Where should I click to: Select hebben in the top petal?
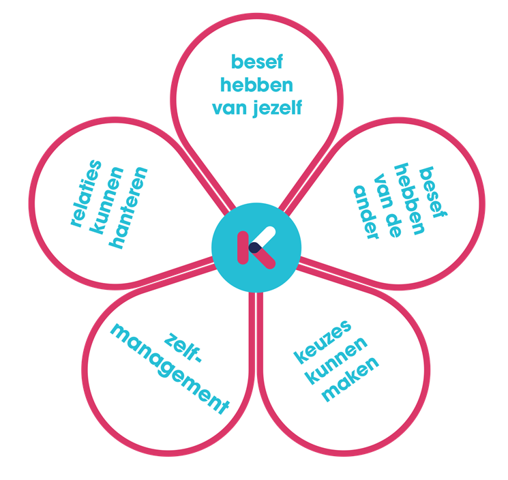coord(256,85)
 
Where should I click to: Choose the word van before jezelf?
coord(230,107)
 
